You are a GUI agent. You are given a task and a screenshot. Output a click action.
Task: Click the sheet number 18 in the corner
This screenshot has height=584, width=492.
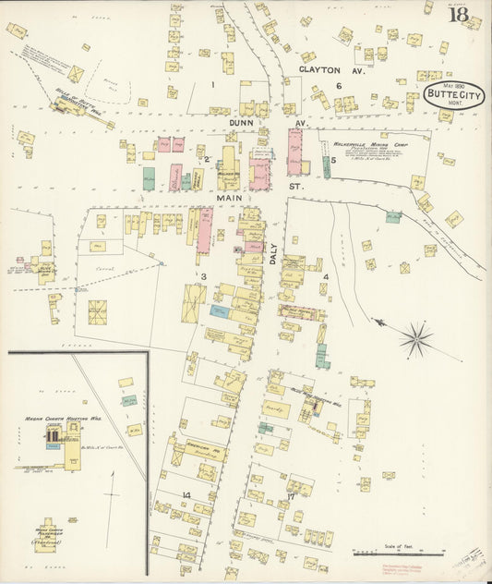pyautogui.click(x=458, y=14)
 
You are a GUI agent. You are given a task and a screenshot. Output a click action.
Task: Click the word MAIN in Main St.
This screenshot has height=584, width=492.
pyautogui.click(x=231, y=197)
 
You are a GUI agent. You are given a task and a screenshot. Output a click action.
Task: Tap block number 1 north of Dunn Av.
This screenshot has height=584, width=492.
pyautogui.click(x=212, y=85)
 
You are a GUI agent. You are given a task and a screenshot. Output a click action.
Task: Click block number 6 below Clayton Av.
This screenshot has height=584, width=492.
pyautogui.click(x=339, y=86)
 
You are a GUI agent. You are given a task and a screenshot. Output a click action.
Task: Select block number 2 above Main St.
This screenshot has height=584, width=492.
pyautogui.click(x=207, y=160)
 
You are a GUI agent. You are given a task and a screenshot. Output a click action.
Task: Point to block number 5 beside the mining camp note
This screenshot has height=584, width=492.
pyautogui.click(x=332, y=160)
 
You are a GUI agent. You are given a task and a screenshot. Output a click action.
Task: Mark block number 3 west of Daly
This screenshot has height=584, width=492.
pyautogui.click(x=202, y=275)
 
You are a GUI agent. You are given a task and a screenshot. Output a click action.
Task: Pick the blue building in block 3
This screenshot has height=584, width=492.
pyautogui.click(x=219, y=312)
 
